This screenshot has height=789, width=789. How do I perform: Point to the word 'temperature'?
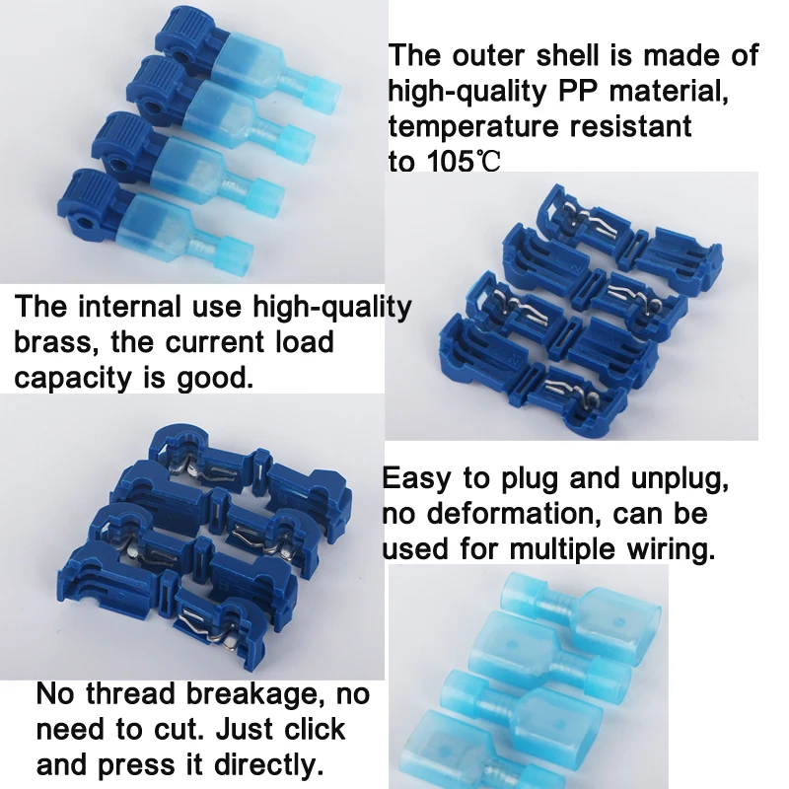pos(468,126)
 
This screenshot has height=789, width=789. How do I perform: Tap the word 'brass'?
pos(56,342)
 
